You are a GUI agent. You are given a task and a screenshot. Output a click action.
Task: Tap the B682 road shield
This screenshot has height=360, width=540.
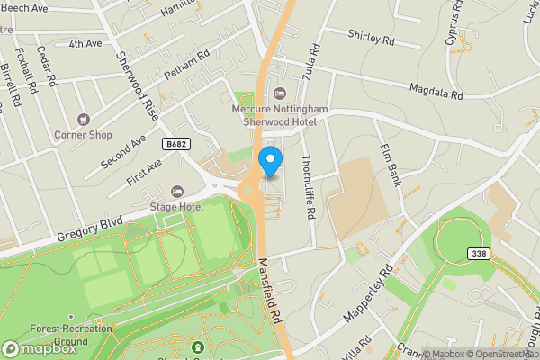177,144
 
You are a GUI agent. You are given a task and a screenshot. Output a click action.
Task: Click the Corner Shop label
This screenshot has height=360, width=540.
83,135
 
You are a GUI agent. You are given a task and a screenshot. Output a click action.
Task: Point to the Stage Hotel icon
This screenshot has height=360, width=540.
176,192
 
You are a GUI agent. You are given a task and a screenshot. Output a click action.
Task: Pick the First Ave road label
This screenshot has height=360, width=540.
143,172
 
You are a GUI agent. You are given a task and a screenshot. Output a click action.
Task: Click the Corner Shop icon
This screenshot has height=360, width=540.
83,119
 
